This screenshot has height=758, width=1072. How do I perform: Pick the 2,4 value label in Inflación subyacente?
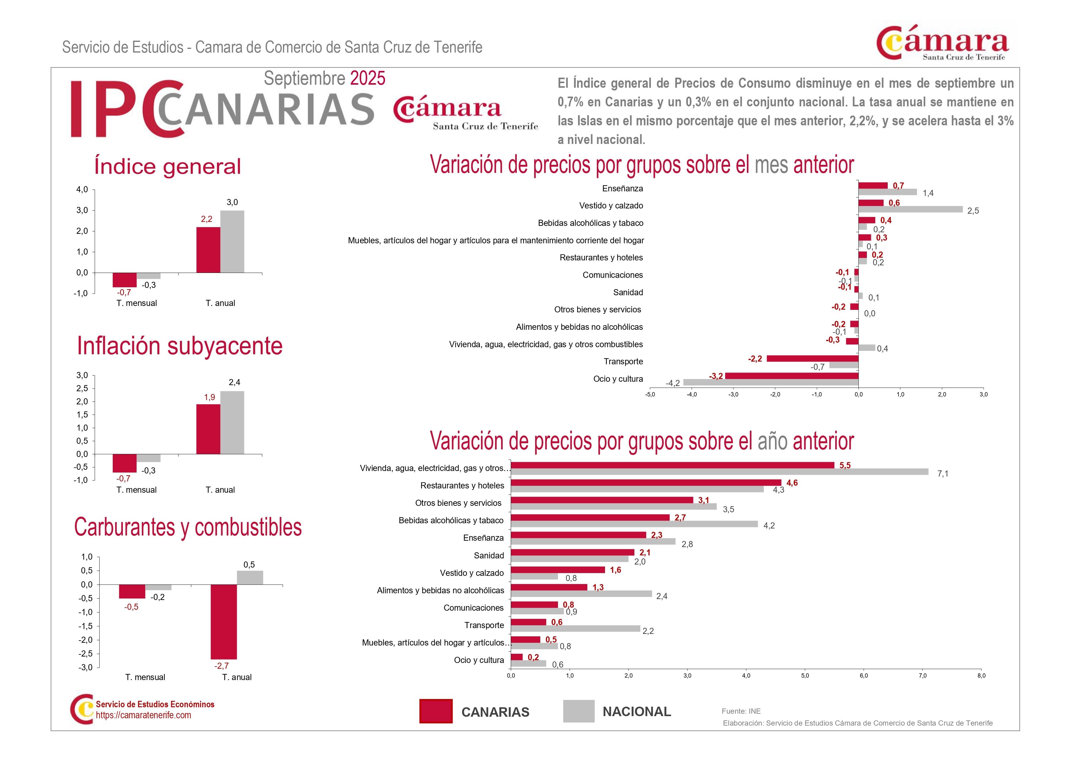coord(234,382)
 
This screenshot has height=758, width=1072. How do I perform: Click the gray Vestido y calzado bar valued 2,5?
coord(910,210)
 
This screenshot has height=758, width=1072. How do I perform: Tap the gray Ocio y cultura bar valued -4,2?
coord(770,382)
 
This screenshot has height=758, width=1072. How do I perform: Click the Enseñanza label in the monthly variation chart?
coord(622,189)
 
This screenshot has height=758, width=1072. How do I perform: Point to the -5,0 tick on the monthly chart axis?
coord(650,395)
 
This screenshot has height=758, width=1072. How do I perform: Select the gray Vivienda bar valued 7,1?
coord(719,472)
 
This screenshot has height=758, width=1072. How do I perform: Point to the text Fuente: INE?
coord(741,711)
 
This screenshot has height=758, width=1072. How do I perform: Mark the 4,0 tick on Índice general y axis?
coord(82,189)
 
